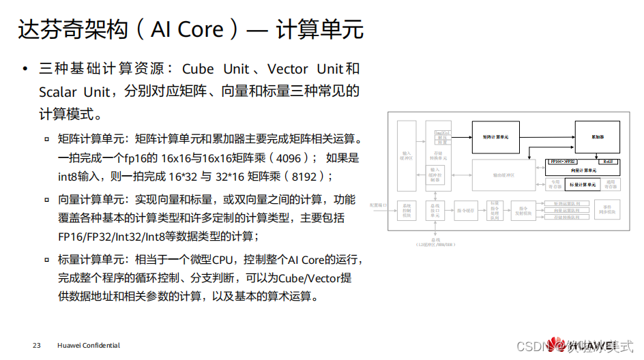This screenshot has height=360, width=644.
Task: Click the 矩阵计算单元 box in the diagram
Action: point(501,136)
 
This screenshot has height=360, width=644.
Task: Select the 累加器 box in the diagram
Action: point(598,137)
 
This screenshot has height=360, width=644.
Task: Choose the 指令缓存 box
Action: point(466,211)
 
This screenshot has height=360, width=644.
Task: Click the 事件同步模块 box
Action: point(606,211)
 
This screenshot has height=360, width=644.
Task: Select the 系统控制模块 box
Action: point(407,211)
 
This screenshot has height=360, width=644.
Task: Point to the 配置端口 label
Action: point(378,204)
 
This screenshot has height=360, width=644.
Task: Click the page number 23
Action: point(37,345)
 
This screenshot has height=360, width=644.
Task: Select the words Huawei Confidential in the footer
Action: point(89,345)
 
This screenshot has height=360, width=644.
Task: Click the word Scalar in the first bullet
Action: point(58,91)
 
